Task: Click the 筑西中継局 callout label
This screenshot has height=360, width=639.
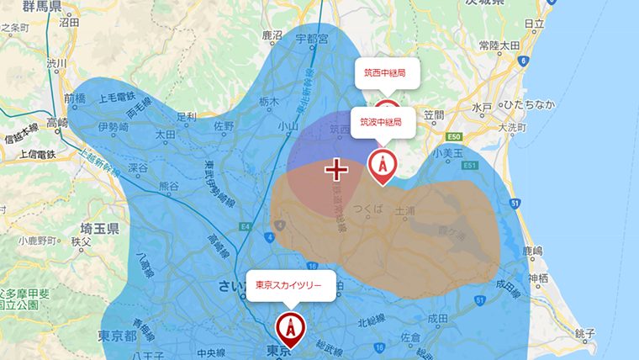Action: click(x=385, y=74)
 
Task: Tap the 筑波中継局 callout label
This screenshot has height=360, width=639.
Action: click(x=381, y=123)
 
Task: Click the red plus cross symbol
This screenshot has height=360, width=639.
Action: click(x=336, y=170)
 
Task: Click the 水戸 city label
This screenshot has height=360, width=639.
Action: click(x=482, y=108)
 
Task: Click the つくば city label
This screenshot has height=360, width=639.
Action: click(x=368, y=208)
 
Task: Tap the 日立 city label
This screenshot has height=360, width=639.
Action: click(x=534, y=24)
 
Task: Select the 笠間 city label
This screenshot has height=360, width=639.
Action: click(x=433, y=114)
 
